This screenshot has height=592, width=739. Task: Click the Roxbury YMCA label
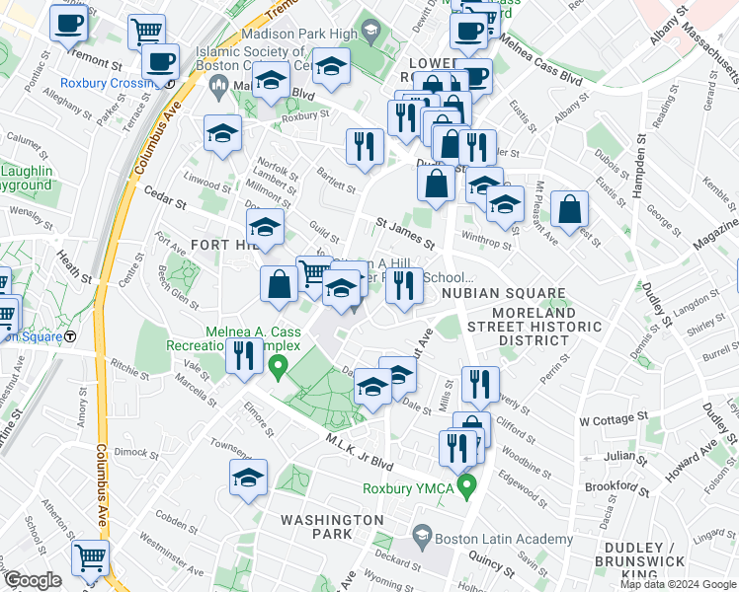tap(407, 485)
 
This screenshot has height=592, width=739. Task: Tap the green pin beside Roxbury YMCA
tap(469, 485)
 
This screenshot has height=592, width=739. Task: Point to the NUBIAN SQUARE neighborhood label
tap(503, 294)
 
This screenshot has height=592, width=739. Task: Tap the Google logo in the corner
tap(32, 580)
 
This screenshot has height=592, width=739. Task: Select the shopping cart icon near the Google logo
tap(90, 557)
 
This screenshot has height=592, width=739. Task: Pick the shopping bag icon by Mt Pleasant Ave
tap(569, 209)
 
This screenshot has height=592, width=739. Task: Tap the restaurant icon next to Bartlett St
tap(365, 146)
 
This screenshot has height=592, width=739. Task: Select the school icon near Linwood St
tap(223, 132)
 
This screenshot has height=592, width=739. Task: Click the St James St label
tap(404, 234)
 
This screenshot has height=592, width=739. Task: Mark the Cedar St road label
tap(165, 199)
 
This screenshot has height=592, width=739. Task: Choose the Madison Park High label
tap(305, 33)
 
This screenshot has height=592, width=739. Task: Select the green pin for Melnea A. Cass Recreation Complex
tap(279, 371)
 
